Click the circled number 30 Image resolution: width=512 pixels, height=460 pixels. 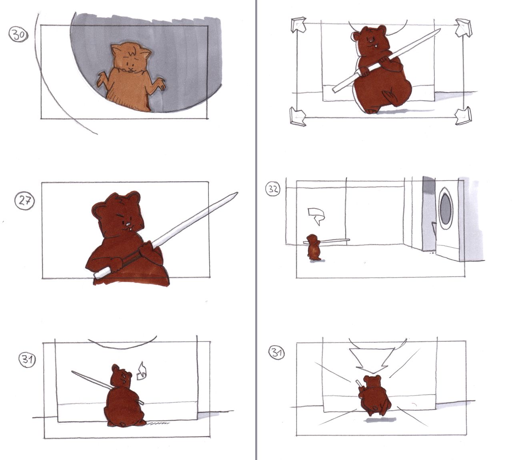coord(18,35)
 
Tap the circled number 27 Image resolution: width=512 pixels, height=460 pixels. coord(24,201)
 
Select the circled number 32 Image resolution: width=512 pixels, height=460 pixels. coord(273,189)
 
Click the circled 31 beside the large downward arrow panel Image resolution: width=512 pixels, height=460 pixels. coord(277,352)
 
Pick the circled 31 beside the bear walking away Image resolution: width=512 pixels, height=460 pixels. coord(27,359)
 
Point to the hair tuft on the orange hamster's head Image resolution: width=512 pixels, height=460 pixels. coord(133,51)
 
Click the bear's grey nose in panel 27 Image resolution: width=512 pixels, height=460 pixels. coord(128,224)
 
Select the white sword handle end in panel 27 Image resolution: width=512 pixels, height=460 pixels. coord(97,275)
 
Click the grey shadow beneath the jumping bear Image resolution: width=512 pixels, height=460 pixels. coord(380,420)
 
